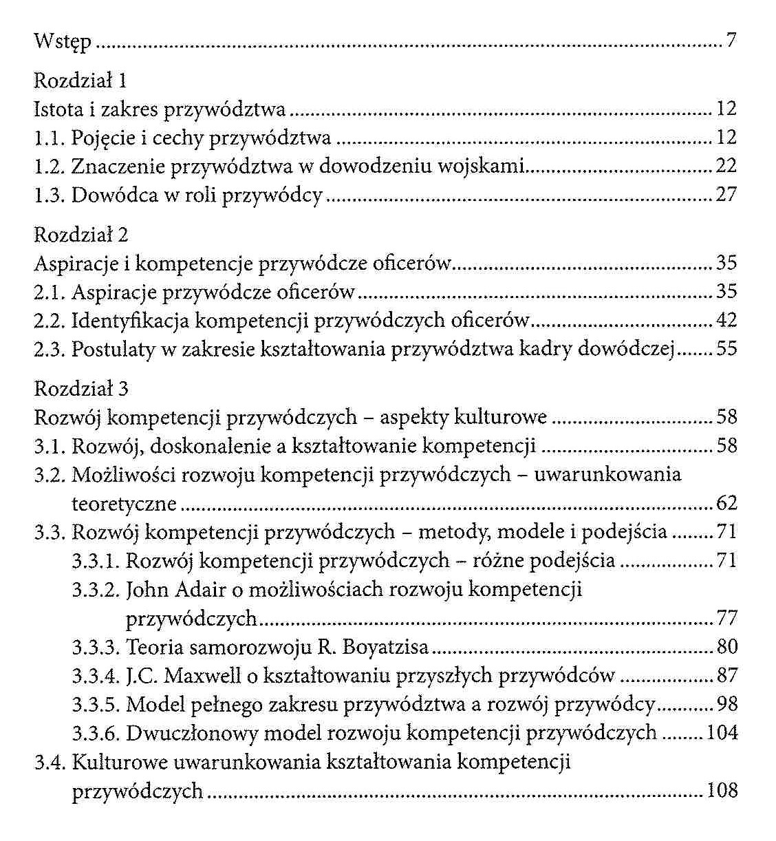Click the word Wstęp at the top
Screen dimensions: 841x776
coord(62,43)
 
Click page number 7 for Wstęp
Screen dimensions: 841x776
coord(731,41)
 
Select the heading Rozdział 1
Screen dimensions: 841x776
coord(80,81)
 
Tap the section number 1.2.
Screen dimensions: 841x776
coord(49,167)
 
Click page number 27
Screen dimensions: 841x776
coord(726,195)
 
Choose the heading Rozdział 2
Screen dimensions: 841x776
coord(80,235)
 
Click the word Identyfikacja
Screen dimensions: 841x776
coord(131,321)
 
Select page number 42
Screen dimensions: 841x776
coord(726,320)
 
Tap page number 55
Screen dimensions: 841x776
coord(726,349)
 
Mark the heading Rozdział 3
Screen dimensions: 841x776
coord(80,390)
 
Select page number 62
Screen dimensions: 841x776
coord(726,504)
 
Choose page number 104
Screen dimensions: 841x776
coord(722,734)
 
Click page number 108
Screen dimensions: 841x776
coord(722,791)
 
